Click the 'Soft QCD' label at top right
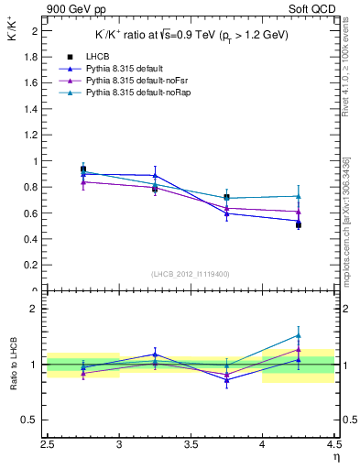point(317,10)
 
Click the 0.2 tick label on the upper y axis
point(32,266)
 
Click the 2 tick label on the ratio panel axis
point(35,309)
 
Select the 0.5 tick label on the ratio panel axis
point(32,420)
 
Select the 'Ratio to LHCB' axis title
point(13,365)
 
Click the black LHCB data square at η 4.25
point(299,224)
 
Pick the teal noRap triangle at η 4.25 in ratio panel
point(299,335)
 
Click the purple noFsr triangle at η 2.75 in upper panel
point(83,182)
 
